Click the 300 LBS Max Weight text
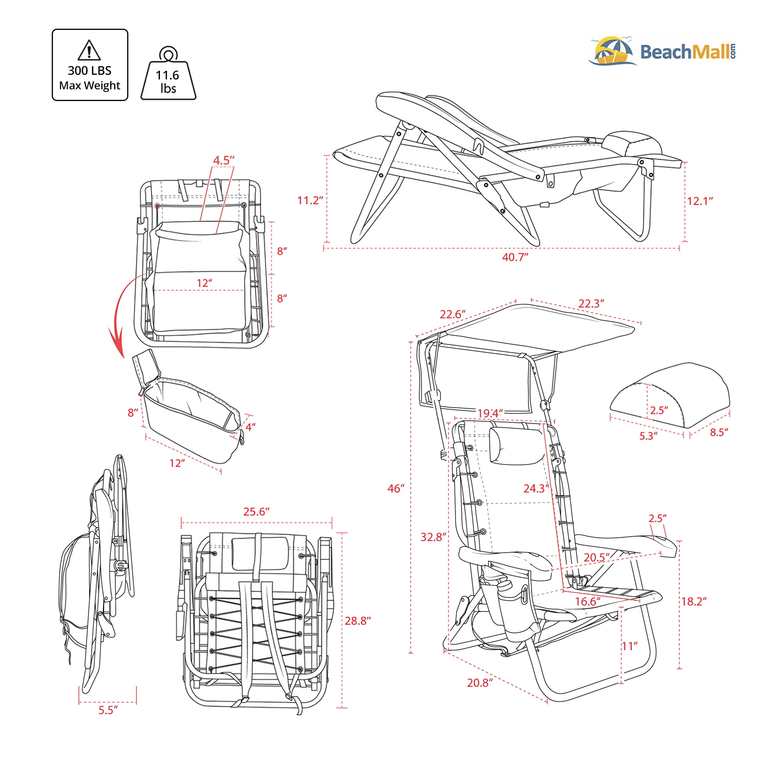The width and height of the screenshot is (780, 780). [90, 78]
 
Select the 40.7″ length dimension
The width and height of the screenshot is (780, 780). [515, 257]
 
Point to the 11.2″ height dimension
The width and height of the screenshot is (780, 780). [311, 200]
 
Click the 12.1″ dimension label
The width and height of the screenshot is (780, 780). [700, 201]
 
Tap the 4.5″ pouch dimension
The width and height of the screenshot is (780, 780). [224, 160]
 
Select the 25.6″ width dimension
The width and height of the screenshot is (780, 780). [256, 512]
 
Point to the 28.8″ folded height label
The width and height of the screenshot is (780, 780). [358, 620]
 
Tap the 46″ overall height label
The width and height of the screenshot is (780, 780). [396, 489]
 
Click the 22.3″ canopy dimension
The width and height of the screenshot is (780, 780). [591, 303]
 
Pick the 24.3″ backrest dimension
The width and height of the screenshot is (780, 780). [536, 489]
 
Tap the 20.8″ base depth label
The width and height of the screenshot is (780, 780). [480, 683]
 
